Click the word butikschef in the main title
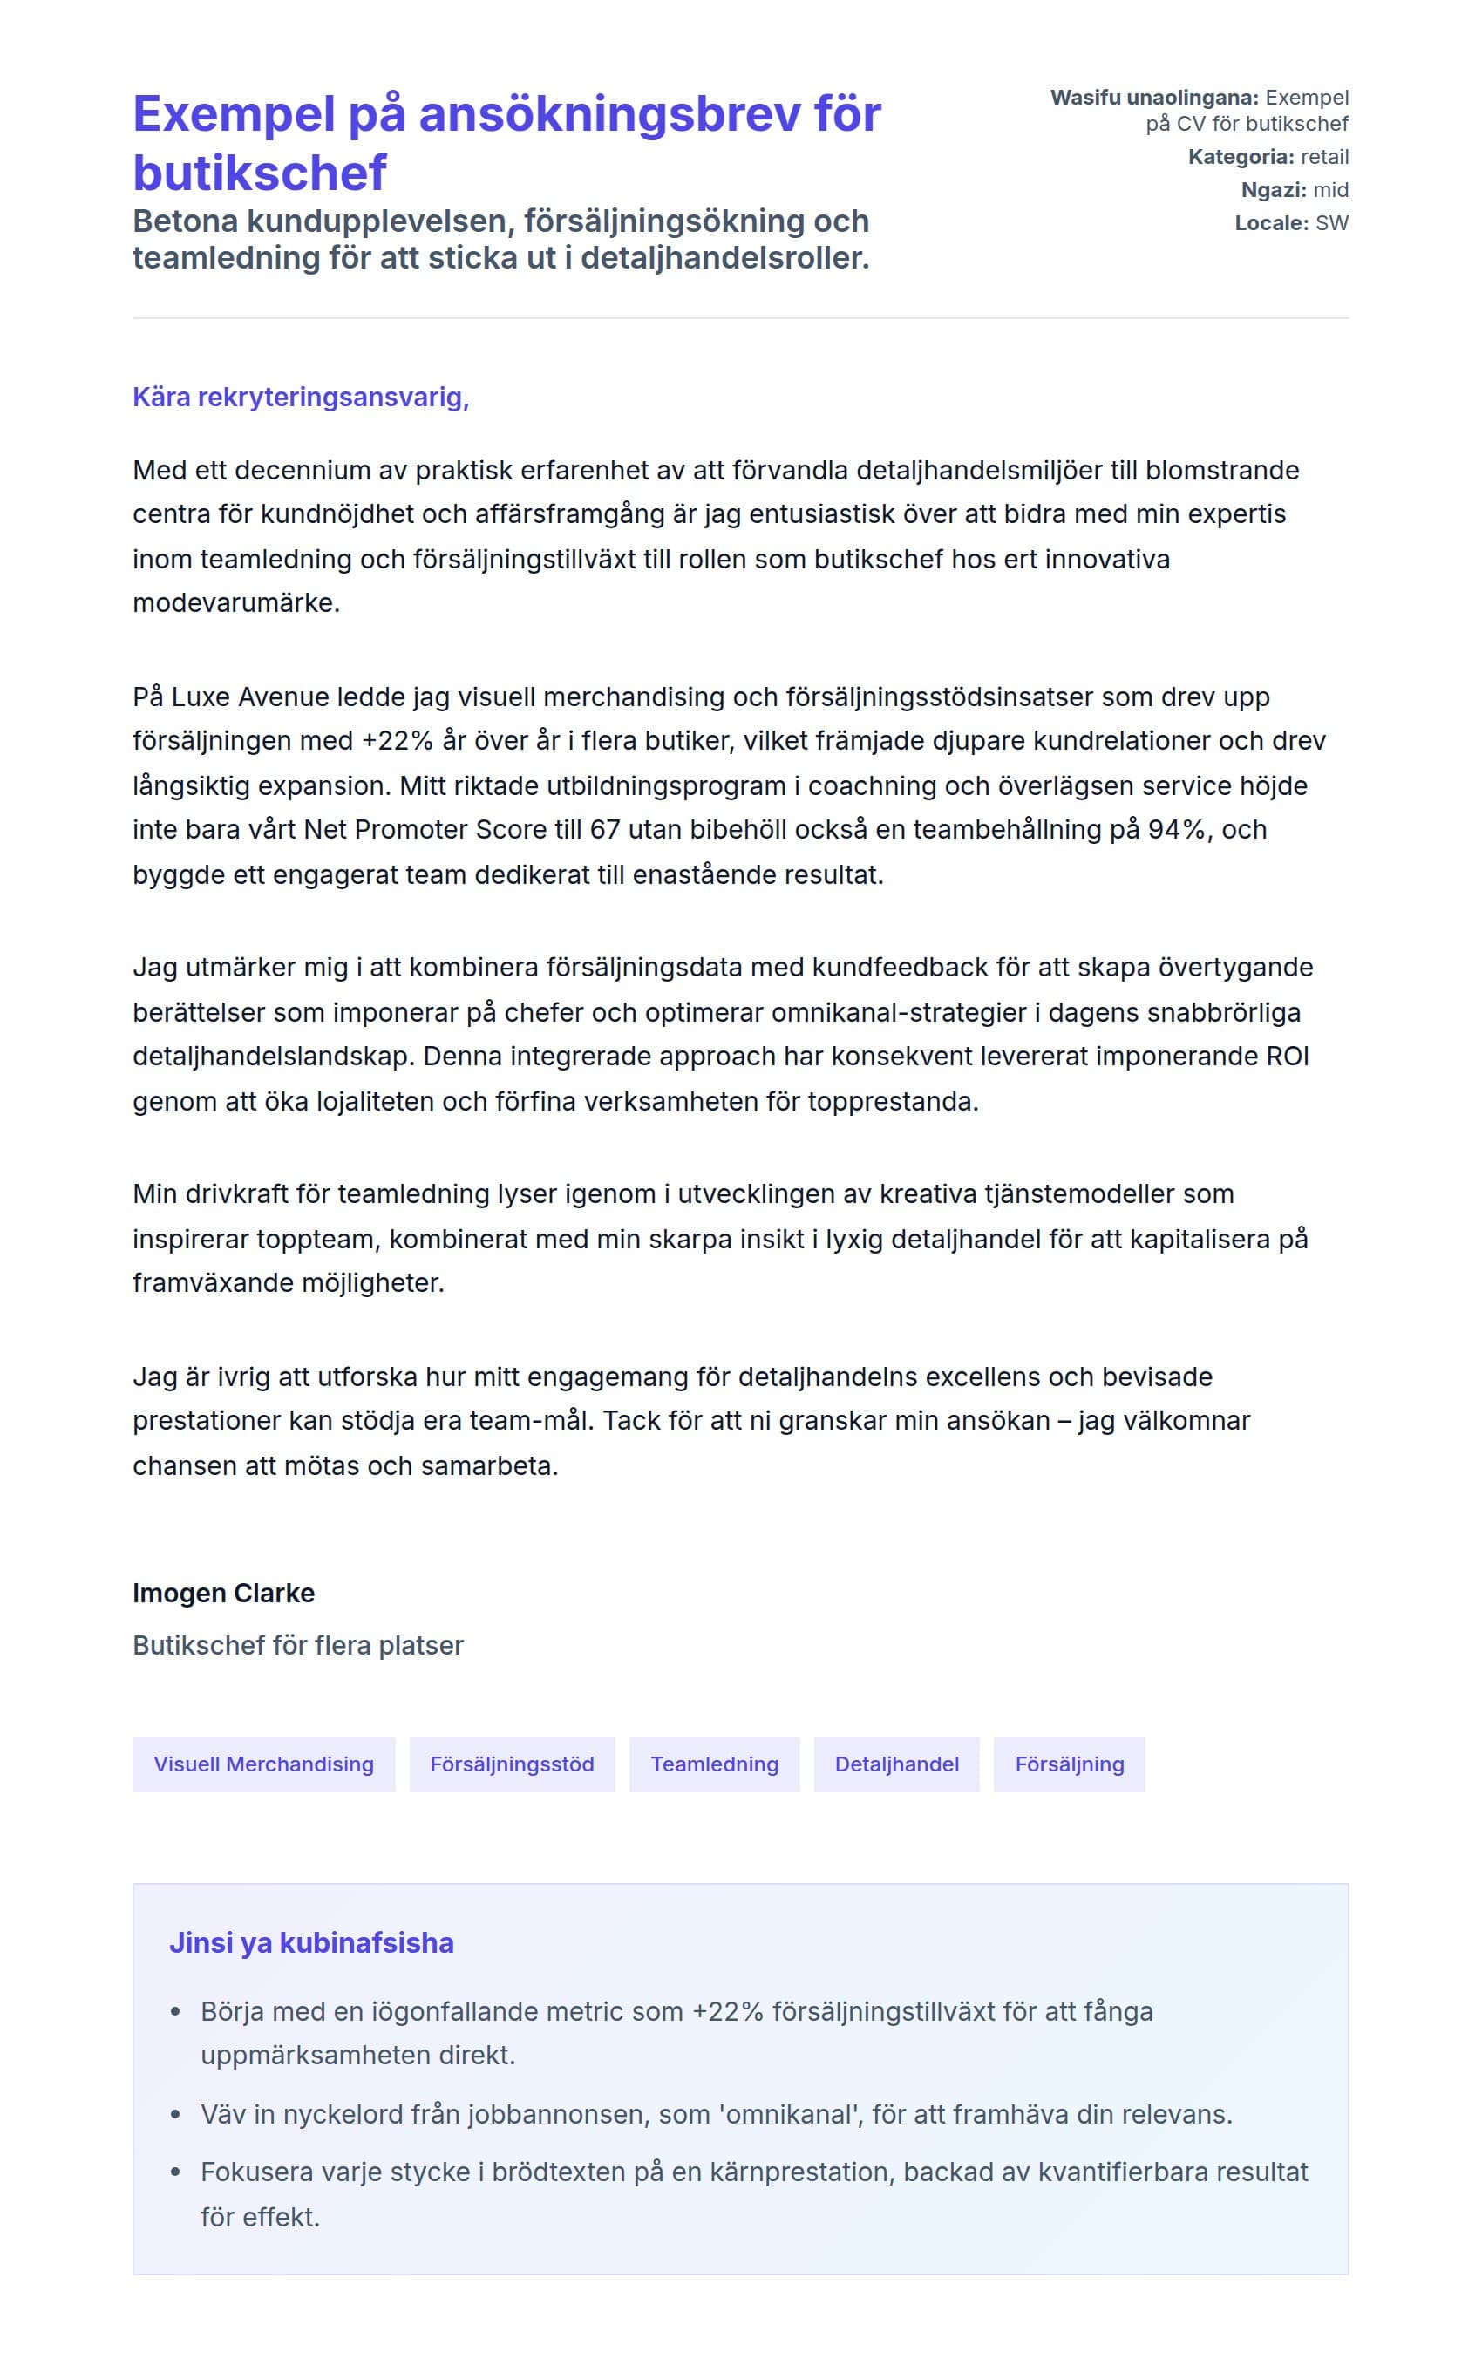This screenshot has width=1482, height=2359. (x=260, y=173)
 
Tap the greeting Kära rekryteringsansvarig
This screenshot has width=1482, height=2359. (x=301, y=398)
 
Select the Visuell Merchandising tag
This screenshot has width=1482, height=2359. (x=263, y=1764)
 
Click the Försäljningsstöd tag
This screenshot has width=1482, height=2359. (x=512, y=1764)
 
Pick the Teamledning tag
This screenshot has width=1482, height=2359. (x=714, y=1764)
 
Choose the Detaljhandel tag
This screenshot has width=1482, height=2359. (x=896, y=1764)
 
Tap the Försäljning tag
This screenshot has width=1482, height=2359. (x=1069, y=1764)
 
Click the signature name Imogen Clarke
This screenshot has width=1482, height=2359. (x=223, y=1593)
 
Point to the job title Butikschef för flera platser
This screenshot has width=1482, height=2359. (x=298, y=1645)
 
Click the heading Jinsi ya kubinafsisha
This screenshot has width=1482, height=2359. (x=311, y=1942)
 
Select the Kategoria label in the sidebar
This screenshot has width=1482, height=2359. (x=1240, y=157)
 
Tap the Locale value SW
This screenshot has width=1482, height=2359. (x=1331, y=223)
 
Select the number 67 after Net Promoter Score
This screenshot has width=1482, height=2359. (x=604, y=830)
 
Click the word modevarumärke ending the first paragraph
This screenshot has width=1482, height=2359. (x=235, y=602)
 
